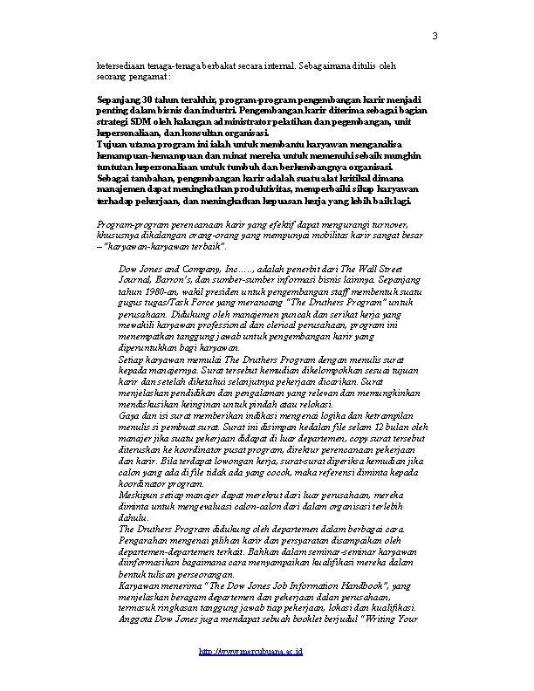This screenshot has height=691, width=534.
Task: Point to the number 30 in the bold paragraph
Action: pos(149,99)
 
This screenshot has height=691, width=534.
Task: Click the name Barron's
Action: pos(171,280)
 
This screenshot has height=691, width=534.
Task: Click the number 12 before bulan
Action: pos(380,427)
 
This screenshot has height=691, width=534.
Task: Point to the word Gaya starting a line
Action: pos(127,416)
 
